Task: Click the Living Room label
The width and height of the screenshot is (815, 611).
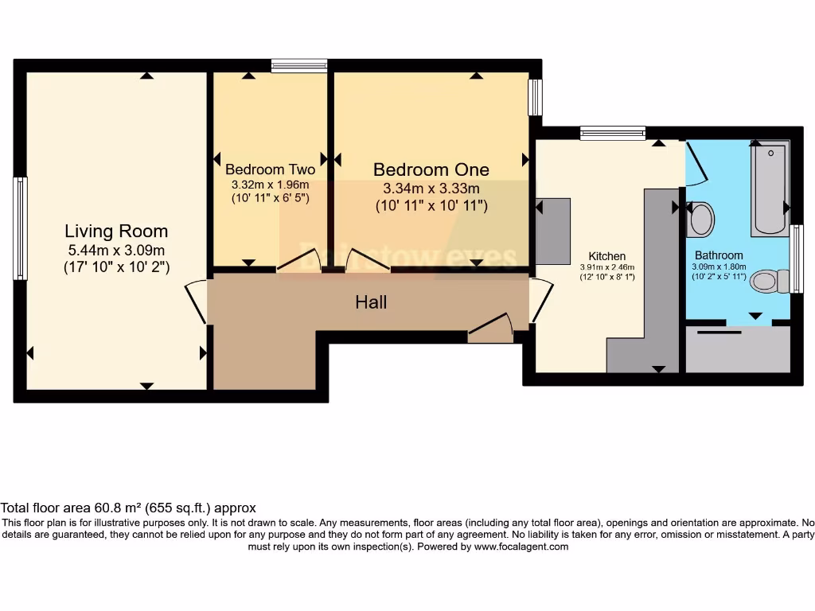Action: tap(116, 232)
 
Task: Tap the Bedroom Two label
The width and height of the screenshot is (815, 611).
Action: tap(270, 169)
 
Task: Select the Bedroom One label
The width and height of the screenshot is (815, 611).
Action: tap(431, 169)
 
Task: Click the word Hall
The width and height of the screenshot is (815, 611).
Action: tap(371, 302)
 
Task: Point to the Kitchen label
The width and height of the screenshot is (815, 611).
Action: tap(607, 256)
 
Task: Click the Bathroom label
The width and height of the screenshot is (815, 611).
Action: tap(719, 255)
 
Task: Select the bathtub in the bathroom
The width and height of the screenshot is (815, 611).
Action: tap(770, 188)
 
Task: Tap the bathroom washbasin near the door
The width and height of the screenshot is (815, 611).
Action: tap(700, 219)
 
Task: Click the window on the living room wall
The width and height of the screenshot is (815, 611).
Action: tap(20, 228)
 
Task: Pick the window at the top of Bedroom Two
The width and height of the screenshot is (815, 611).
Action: tap(298, 65)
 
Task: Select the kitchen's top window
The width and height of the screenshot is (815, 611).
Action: tap(612, 133)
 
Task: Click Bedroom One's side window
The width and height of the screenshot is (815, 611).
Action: tap(536, 96)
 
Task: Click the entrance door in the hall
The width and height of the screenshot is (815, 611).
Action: tap(492, 329)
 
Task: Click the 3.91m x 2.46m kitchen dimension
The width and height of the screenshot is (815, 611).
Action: tap(607, 267)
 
